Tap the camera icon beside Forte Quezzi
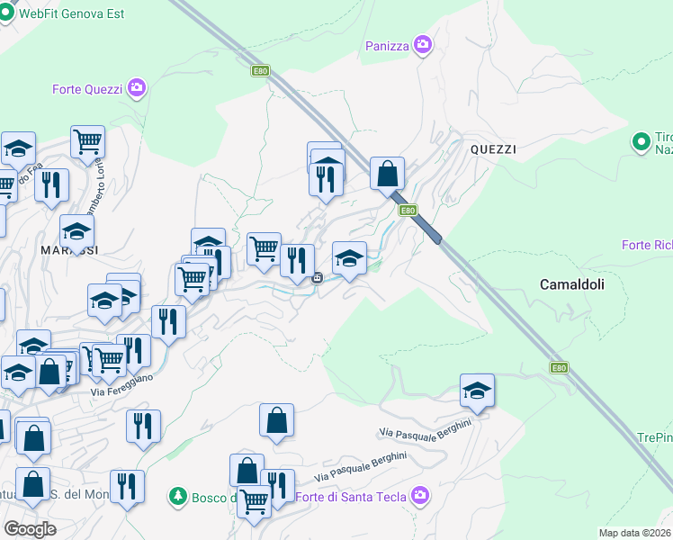[137, 88]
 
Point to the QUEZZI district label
[493, 149]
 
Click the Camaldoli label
[572, 283]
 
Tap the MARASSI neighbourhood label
[68, 248]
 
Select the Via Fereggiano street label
[122, 384]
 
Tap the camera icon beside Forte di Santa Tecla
[420, 495]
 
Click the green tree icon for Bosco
[178, 496]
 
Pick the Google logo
[30, 528]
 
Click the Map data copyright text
[635, 533]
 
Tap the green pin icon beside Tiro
[642, 142]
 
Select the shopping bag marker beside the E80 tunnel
[387, 173]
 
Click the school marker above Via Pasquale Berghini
[477, 390]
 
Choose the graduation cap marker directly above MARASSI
[77, 230]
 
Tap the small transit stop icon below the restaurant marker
[318, 278]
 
